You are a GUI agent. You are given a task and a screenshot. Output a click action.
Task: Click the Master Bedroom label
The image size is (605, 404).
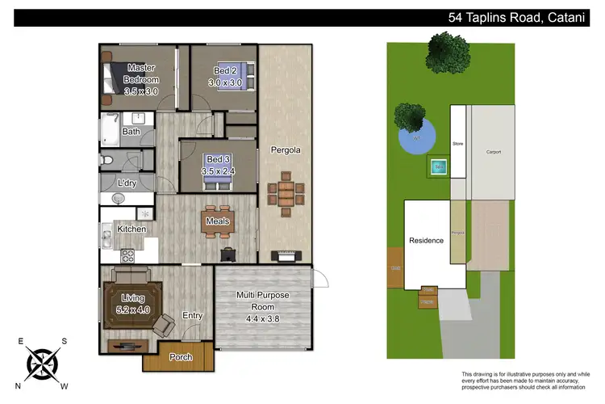click(x=141, y=74)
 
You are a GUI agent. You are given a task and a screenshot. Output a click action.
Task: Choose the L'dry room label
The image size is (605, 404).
click(x=126, y=183)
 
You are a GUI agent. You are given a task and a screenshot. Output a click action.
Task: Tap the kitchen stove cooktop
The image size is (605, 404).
click(x=127, y=256)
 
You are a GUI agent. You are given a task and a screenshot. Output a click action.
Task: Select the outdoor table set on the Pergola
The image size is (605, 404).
click(x=286, y=193)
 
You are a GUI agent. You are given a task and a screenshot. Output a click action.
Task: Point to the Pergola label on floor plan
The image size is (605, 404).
click(x=286, y=150)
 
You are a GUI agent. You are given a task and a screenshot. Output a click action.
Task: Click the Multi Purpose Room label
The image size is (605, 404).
click(x=263, y=301)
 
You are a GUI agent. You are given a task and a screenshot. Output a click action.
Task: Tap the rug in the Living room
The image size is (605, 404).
click(x=132, y=304)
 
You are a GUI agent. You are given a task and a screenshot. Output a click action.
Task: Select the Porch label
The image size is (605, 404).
click(x=180, y=357)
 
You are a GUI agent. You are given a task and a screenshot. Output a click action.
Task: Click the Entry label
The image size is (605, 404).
click(x=193, y=316)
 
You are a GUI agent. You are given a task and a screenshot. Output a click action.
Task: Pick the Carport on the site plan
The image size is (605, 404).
click(x=493, y=152)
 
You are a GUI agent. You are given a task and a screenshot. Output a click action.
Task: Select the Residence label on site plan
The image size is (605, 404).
click(x=426, y=240)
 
